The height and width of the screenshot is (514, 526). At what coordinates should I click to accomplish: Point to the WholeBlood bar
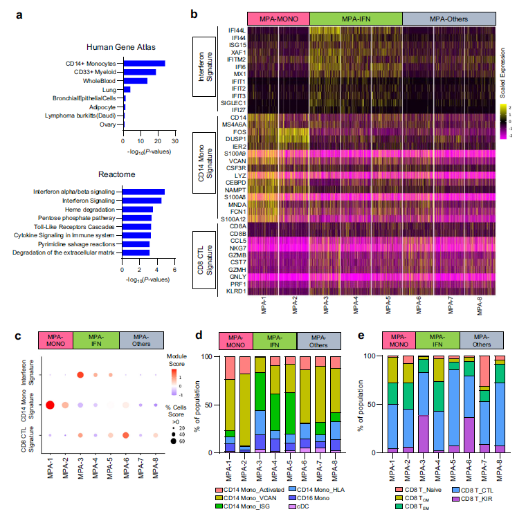[x=135, y=81]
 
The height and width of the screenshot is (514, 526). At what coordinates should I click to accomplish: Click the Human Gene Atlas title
[x=121, y=47]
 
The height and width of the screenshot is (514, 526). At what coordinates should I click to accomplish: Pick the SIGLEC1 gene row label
[x=233, y=103]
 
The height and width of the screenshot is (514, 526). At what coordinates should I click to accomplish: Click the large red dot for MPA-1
[x=50, y=405]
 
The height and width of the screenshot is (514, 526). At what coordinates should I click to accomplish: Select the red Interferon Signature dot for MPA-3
[x=81, y=375]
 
